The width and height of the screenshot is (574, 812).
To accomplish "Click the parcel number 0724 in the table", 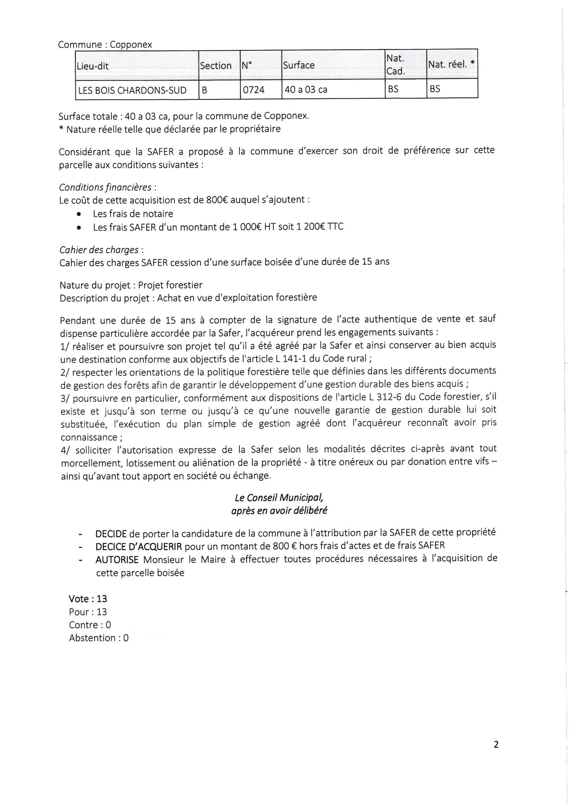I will pos(253,90).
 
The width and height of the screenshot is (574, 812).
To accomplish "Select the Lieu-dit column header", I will pos(93,66).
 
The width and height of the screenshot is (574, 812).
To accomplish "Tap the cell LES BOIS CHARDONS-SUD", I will pos(132,90).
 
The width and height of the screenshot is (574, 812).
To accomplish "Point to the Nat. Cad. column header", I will pos(395,65).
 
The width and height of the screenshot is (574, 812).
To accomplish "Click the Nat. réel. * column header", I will pos(451,64).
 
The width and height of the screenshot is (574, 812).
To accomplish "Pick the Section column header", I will pos(216,65).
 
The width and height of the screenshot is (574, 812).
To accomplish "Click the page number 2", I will pos(496,745).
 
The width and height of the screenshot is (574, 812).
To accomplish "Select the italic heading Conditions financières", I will pos(105,187).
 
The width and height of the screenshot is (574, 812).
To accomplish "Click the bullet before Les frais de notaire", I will pos(79,214).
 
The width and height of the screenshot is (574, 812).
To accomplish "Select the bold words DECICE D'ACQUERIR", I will pos(139,546).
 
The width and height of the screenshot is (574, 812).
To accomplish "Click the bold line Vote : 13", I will pos(88,599).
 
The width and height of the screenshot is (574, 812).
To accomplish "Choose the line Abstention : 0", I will pos(99,638).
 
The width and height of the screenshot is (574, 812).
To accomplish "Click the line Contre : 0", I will pos(90,625).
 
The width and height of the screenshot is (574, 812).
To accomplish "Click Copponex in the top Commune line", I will pos(131,44).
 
